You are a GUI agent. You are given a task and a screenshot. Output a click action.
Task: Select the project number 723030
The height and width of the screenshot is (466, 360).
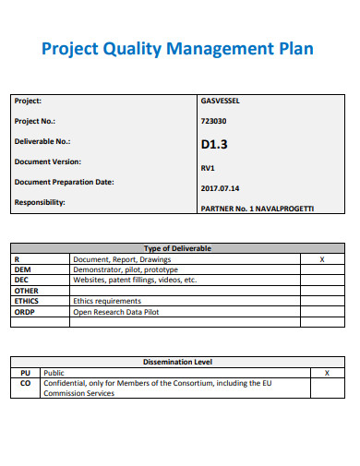point(213,121)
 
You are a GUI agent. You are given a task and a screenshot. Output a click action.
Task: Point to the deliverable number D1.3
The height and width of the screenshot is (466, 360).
point(214,144)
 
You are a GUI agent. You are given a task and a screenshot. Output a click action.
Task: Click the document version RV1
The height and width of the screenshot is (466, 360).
point(208,168)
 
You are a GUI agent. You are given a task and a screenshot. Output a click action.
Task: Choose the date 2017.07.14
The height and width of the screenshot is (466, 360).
point(220,188)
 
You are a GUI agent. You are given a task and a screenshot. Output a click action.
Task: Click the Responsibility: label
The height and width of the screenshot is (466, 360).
point(40,202)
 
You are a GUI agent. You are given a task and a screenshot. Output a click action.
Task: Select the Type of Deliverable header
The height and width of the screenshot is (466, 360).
point(178,248)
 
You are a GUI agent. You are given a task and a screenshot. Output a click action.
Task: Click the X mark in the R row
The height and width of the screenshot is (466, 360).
point(321,259)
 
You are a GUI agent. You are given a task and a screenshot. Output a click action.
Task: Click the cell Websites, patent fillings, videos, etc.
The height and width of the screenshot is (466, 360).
point(135,280)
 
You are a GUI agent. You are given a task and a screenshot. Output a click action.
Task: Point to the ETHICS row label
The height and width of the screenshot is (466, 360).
point(26,301)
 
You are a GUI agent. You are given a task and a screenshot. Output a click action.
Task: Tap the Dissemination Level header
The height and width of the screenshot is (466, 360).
point(178,361)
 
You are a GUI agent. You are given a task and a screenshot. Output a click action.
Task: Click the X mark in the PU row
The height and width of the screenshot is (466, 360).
point(327,372)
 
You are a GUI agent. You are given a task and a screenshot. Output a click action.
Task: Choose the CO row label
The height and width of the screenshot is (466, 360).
point(25,382)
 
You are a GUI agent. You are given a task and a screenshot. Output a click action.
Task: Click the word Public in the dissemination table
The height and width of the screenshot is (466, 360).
point(54,372)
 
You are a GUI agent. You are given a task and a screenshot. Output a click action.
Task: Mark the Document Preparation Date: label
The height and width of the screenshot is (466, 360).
point(65,182)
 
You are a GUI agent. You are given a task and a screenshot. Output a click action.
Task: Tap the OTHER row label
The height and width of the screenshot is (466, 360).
point(26,291)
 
